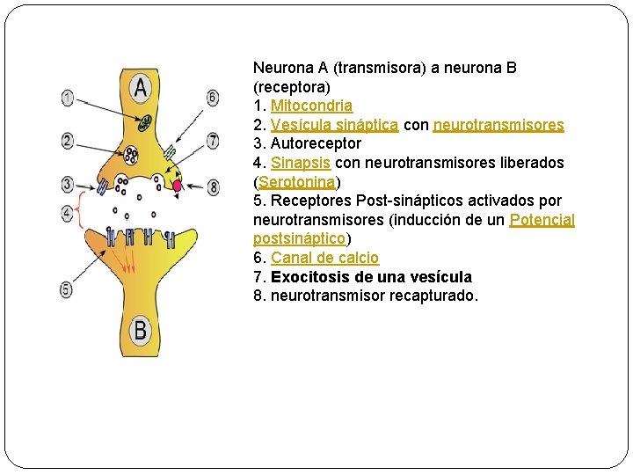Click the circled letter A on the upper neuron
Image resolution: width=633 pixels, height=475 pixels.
coord(140,87)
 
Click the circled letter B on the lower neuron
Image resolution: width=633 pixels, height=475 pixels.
coord(140,331)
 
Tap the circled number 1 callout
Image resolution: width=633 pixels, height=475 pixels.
coord(68,98)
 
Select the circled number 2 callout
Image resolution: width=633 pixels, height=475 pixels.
coord(68,140)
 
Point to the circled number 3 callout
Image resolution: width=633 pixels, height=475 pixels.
coord(68,184)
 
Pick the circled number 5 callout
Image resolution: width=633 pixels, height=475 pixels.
coord(67,289)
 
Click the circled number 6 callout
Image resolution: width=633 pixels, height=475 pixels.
coord(213,98)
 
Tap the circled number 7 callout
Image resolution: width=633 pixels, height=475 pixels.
coord(213,140)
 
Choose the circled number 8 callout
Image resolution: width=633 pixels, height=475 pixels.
coord(213,186)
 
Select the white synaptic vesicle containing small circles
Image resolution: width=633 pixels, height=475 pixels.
coord(131,156)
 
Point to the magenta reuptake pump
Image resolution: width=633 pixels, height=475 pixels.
coord(177,186)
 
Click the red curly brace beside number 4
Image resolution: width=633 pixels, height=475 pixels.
coord(81,211)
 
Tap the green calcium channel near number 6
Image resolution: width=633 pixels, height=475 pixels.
coord(170,152)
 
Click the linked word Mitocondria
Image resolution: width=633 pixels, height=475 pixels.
coord(311,106)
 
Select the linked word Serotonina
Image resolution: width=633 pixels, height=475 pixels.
coord(297,182)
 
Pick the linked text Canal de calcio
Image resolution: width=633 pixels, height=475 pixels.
coord(324,258)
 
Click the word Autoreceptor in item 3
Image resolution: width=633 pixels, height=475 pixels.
coord(316,143)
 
